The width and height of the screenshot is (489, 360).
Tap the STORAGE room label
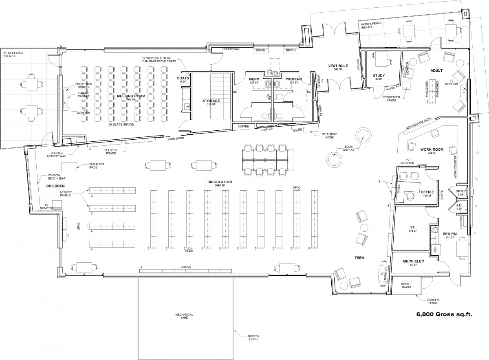click(211, 101)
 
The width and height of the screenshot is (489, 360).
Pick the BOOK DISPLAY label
click(348, 148)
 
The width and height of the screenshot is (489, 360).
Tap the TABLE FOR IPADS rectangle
click(70, 167)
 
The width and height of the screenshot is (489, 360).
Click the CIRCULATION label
click(219, 182)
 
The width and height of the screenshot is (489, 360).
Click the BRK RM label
click(449, 234)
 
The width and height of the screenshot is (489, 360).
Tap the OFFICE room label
click(427, 192)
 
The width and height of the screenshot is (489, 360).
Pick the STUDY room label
click(379, 76)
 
